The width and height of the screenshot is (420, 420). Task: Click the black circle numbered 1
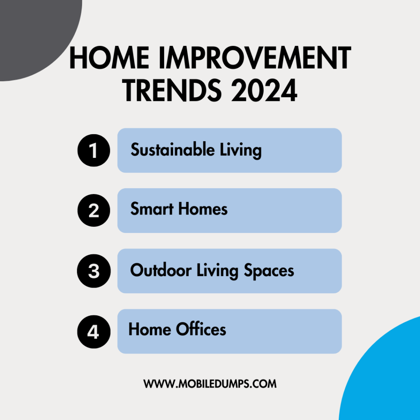click(94, 151)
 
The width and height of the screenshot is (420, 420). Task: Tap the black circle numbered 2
click(94, 210)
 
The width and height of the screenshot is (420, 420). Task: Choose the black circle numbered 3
click(94, 271)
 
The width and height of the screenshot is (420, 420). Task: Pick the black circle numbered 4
click(94, 331)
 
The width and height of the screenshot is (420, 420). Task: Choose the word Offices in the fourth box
click(201, 329)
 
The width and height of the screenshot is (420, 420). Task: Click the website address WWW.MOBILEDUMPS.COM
click(210, 384)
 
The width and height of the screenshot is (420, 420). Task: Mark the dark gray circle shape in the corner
click(33, 33)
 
